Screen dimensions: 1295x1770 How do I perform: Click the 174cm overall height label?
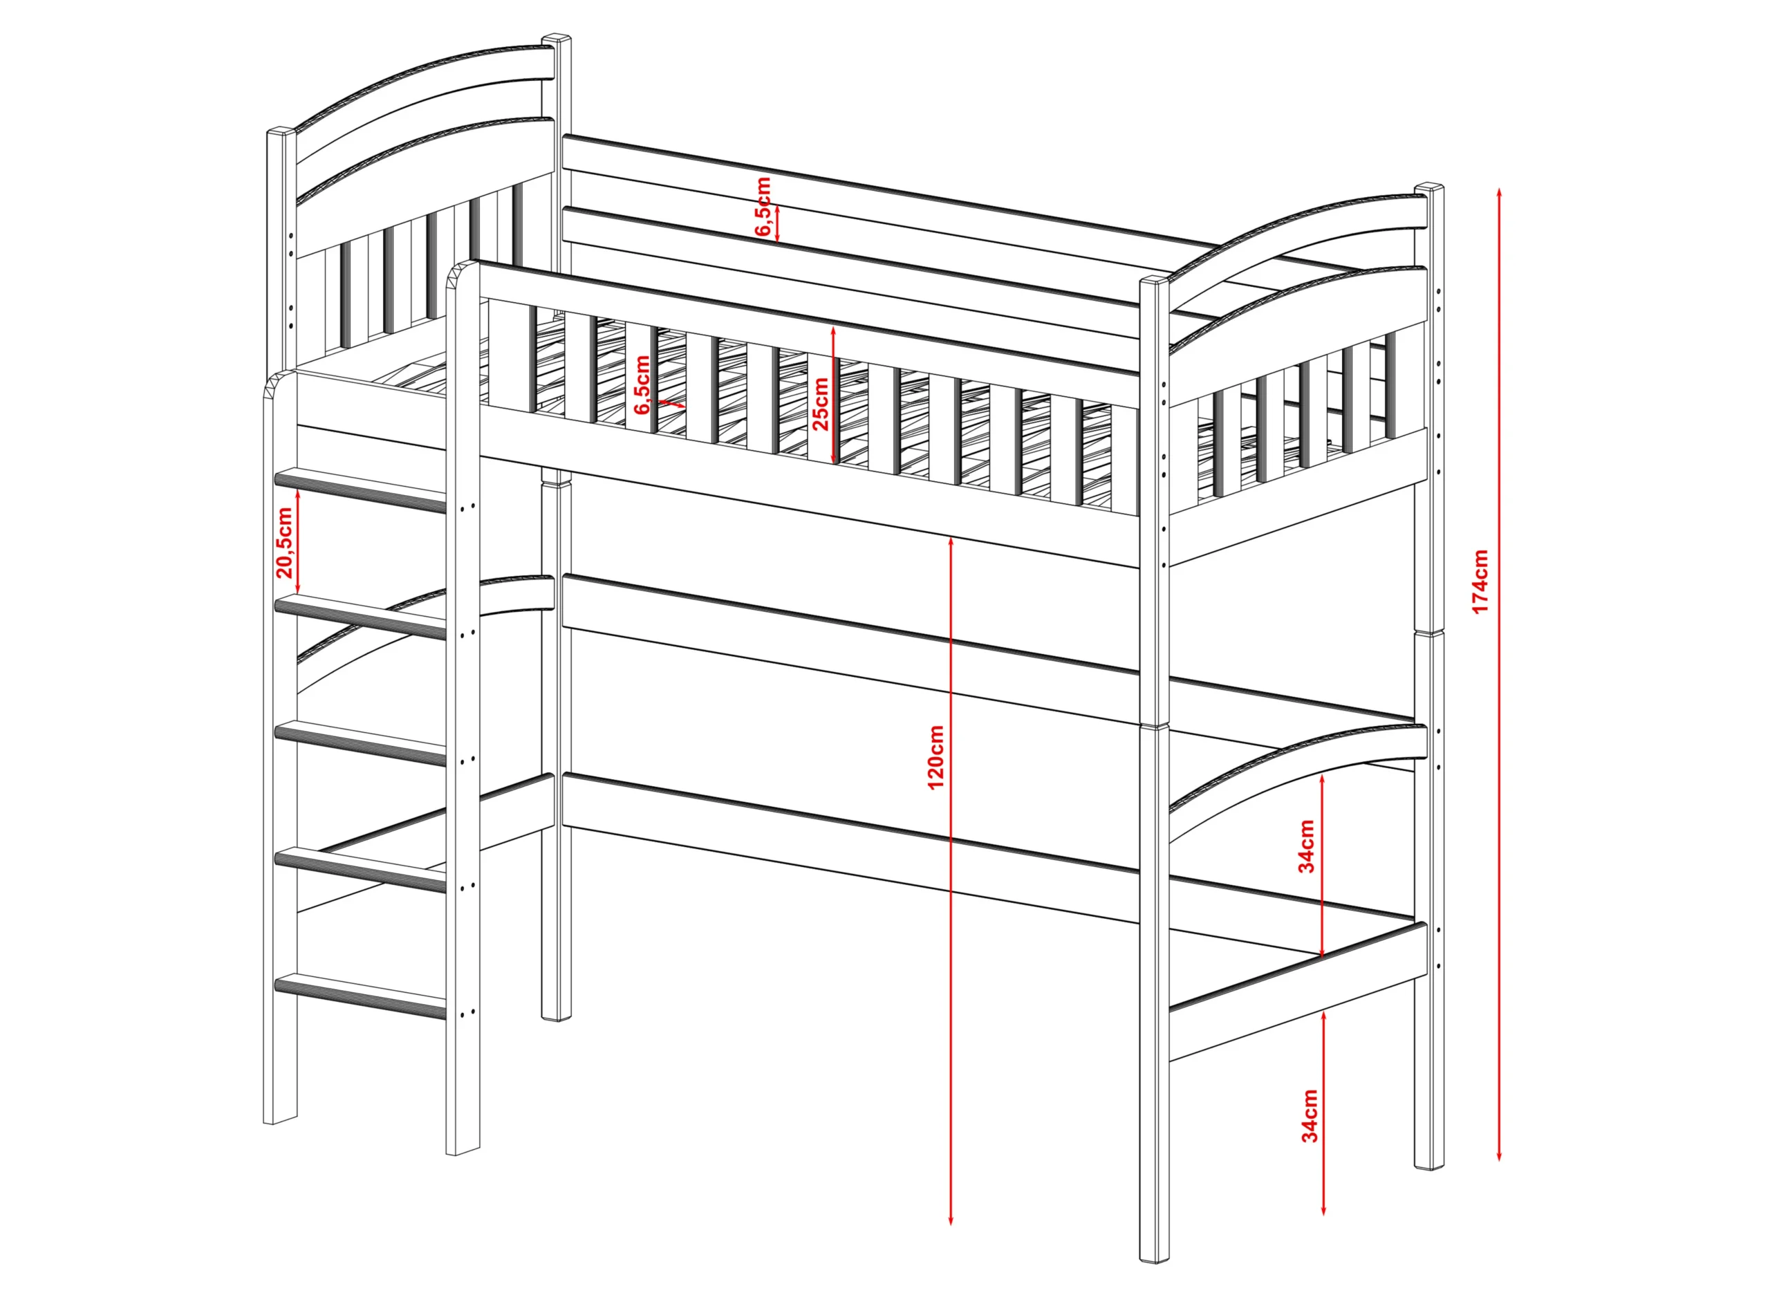coord(1480,581)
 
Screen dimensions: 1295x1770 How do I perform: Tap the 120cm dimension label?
coord(936,757)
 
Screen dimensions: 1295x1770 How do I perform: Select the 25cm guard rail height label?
coord(820,404)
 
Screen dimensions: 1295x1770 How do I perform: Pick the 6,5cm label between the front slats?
coord(643,385)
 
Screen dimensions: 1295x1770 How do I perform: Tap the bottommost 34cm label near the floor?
coord(1310,1115)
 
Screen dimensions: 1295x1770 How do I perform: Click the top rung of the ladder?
coord(361,490)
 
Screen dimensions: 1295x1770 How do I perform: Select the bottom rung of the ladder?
coord(361,996)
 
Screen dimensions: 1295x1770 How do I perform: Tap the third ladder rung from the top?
coord(361,743)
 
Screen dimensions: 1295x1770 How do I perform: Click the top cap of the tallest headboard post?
coord(557,39)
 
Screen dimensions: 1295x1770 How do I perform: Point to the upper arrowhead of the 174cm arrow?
coord(1499,193)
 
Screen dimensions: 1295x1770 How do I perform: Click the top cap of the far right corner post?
coord(1430,189)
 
